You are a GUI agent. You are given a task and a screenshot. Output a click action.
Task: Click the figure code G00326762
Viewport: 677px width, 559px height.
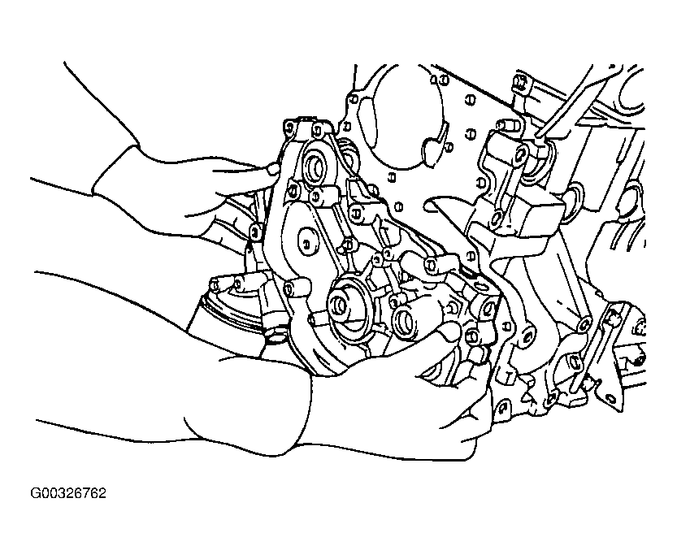click(67, 493)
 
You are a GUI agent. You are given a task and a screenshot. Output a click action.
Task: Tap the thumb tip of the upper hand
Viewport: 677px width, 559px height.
click(273, 168)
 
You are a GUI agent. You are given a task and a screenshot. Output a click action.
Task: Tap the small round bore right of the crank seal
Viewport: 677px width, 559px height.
click(405, 322)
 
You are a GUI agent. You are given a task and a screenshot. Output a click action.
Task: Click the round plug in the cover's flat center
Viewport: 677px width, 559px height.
click(307, 242)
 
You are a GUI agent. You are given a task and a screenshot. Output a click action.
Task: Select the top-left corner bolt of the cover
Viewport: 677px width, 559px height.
click(290, 127)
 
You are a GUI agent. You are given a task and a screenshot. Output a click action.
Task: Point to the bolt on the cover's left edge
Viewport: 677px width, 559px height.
click(255, 232)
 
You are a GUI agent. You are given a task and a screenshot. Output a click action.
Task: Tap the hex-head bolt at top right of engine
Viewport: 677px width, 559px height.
click(520, 81)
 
